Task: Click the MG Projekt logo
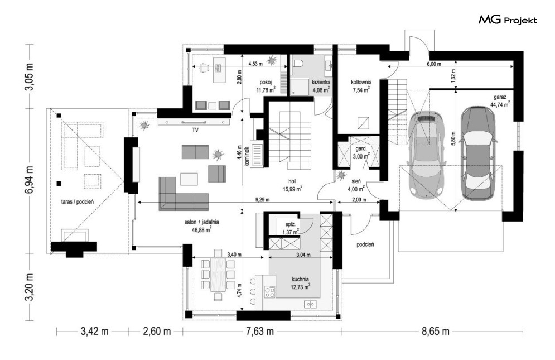pos(508,20)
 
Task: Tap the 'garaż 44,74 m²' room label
pos(500,100)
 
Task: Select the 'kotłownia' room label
pos(361,82)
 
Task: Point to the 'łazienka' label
pos(321,82)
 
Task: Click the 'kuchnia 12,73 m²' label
pos(300,283)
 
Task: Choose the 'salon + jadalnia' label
pos(201,222)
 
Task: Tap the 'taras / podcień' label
pos(77,202)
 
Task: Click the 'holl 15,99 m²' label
pos(292,185)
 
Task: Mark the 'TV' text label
pos(195,131)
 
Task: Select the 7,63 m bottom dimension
pos(260,332)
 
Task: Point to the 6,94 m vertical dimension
pos(29,179)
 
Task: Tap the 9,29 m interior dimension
pos(262,199)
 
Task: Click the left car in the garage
pos(426,154)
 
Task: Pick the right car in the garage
pos(477,153)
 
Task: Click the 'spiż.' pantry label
pos(291,224)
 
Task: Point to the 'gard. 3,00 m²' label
pos(360,152)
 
